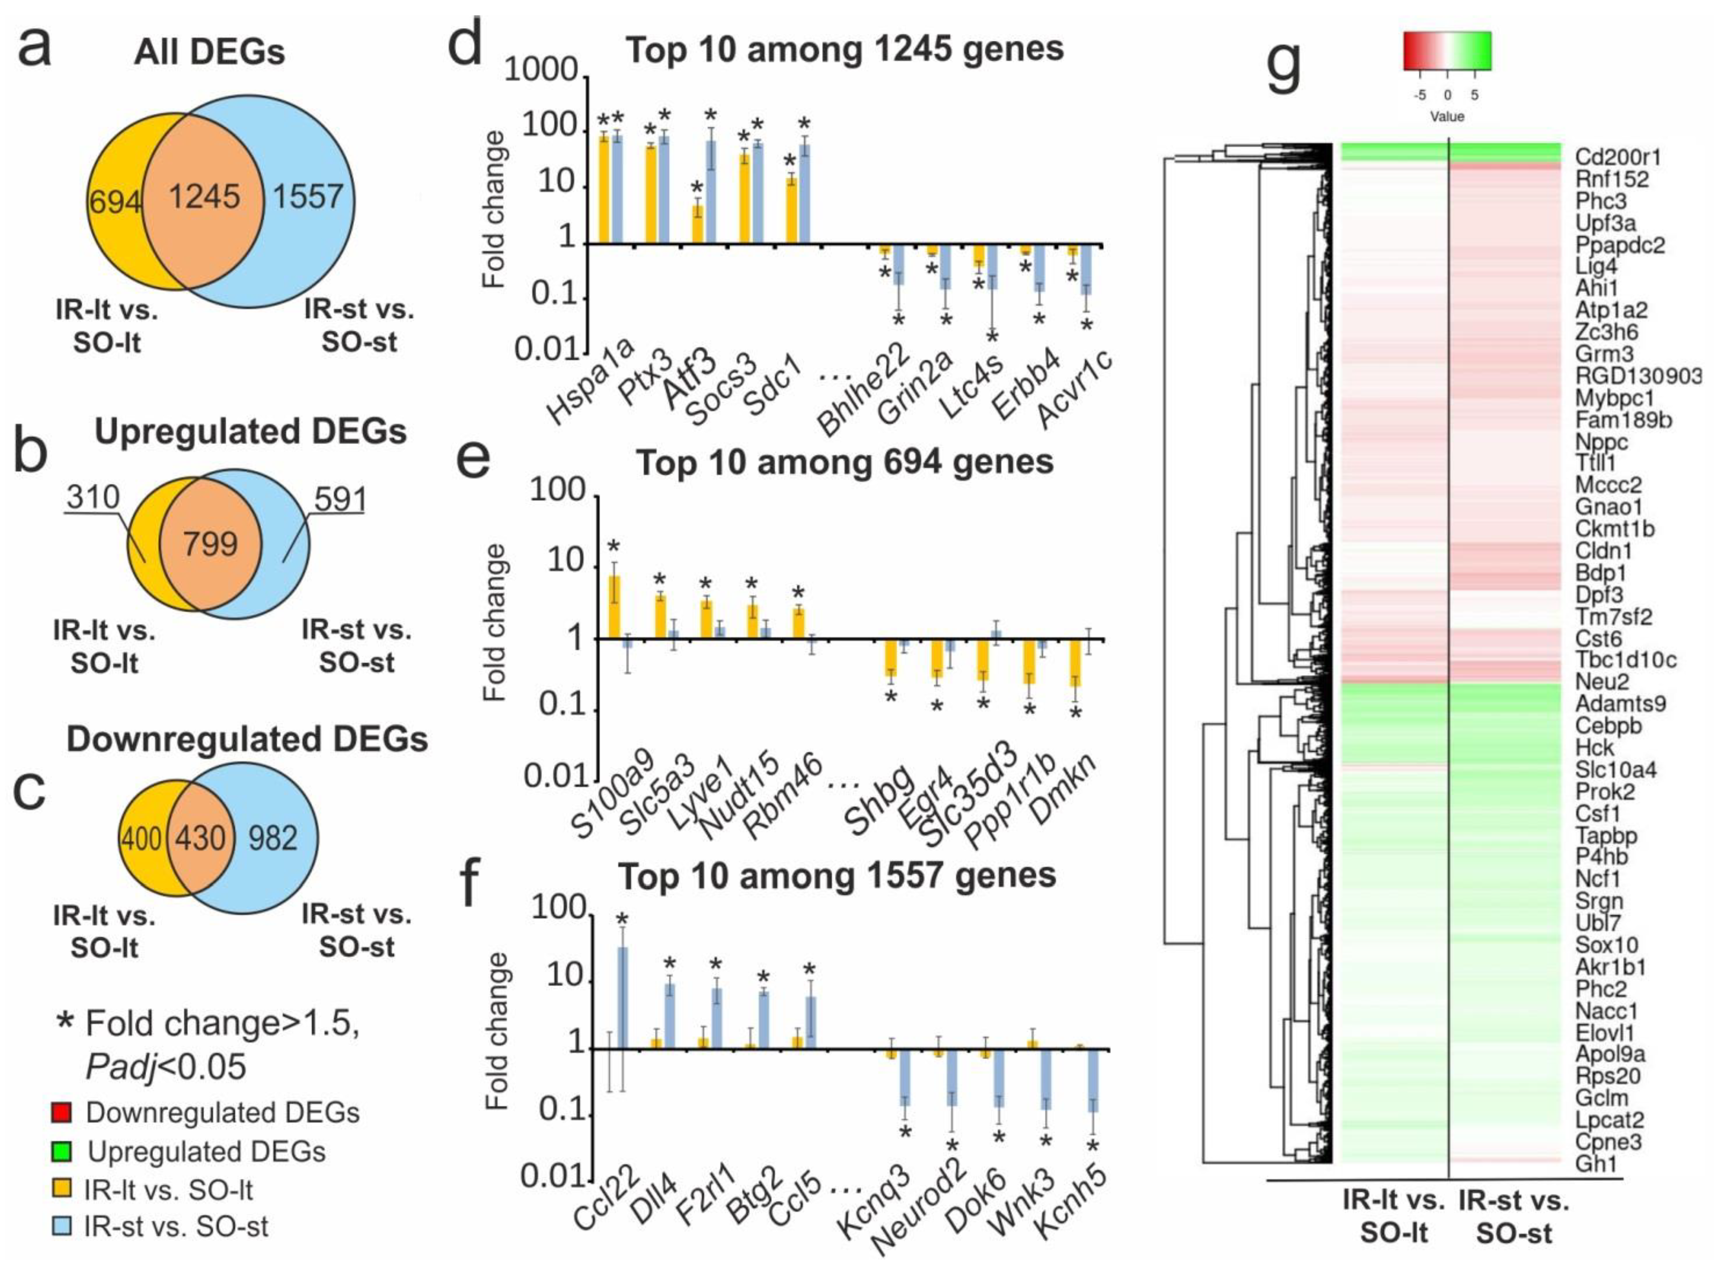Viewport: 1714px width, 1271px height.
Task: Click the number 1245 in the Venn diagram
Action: (205, 197)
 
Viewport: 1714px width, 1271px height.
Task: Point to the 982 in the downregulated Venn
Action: (272, 838)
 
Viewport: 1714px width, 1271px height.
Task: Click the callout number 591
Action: (339, 499)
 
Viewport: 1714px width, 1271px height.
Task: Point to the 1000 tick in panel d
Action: (541, 71)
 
